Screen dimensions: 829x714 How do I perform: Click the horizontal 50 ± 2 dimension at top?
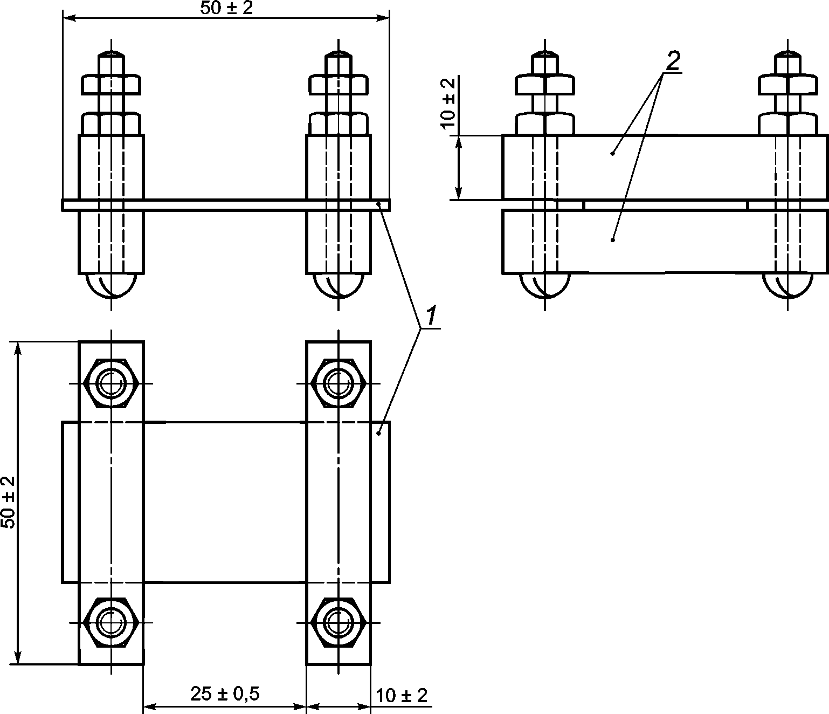click(x=227, y=9)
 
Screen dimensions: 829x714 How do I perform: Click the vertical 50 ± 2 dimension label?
click(x=9, y=502)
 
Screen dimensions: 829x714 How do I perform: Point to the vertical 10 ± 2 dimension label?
click(x=448, y=103)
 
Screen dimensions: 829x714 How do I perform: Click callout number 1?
click(x=431, y=315)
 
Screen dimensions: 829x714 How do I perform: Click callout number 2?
click(x=673, y=61)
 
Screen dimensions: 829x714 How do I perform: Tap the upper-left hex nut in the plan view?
click(x=112, y=383)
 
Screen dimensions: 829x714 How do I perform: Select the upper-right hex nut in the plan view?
click(x=338, y=383)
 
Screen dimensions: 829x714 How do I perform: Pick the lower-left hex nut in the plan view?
click(x=112, y=622)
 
